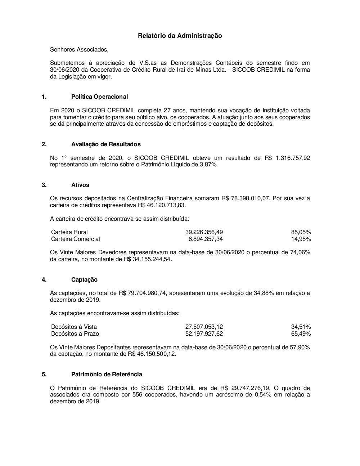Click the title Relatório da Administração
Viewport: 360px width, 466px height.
[x=180, y=36]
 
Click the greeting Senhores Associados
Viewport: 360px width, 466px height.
[x=79, y=49]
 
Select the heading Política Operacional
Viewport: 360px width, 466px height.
[x=99, y=97]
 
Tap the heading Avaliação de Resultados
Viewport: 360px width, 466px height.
[x=106, y=144]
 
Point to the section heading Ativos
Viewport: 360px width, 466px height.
[x=80, y=185]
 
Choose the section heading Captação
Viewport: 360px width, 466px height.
[x=84, y=279]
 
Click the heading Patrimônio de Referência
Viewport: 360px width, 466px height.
[x=107, y=374]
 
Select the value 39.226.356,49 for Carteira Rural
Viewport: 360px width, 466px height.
[x=204, y=232]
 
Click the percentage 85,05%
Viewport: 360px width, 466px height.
[x=301, y=232]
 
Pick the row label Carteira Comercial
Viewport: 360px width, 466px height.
[x=76, y=239]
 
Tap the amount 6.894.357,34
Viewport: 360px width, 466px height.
[x=206, y=239]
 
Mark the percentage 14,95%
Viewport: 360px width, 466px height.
[x=301, y=239]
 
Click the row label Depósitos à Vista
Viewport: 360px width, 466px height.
[x=74, y=327]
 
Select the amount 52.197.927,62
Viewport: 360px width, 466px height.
[x=204, y=334]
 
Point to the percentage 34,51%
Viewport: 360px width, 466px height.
[x=301, y=327]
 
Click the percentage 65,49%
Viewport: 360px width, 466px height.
[x=301, y=334]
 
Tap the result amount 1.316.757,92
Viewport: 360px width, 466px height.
[x=293, y=158]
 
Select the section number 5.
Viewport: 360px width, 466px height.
[x=44, y=374]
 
